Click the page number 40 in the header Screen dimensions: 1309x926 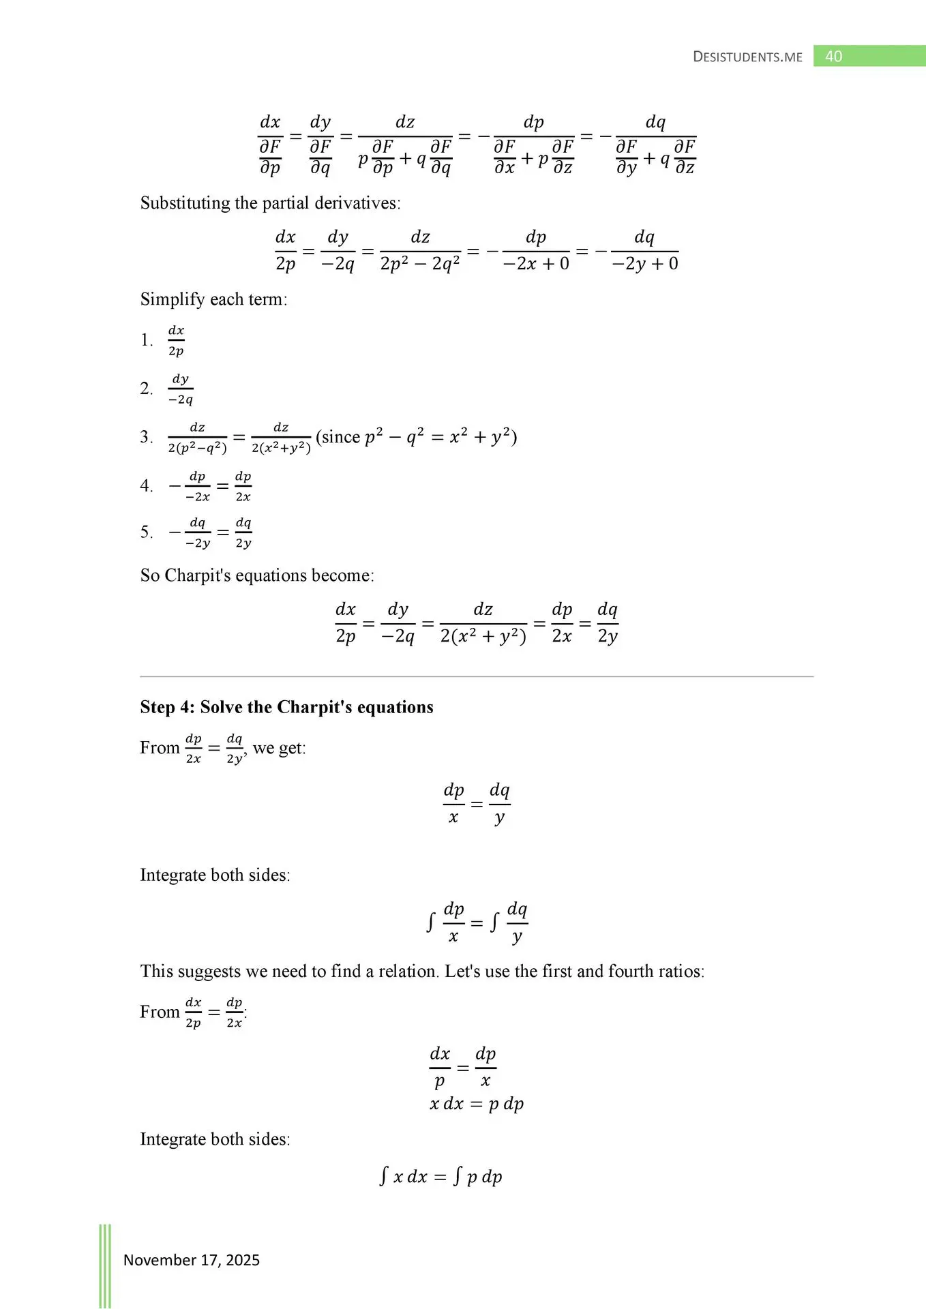click(833, 57)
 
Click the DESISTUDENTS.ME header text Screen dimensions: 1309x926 click(747, 57)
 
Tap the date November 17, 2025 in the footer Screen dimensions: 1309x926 click(191, 1260)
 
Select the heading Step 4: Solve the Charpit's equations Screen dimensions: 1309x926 click(286, 707)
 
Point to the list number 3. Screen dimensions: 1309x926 click(146, 437)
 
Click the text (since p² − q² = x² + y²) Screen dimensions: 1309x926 click(416, 437)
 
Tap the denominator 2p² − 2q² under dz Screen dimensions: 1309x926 click(420, 264)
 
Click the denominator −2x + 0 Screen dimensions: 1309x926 click(536, 264)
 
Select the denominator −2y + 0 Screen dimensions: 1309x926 click(645, 264)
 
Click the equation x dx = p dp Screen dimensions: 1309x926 click(477, 1104)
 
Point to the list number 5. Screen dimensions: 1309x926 click(146, 532)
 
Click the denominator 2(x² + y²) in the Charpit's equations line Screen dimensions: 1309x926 click(483, 637)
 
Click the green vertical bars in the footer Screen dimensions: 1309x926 click(105, 1265)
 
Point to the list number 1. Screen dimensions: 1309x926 click(146, 340)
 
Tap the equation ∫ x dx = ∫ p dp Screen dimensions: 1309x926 click(441, 1177)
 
